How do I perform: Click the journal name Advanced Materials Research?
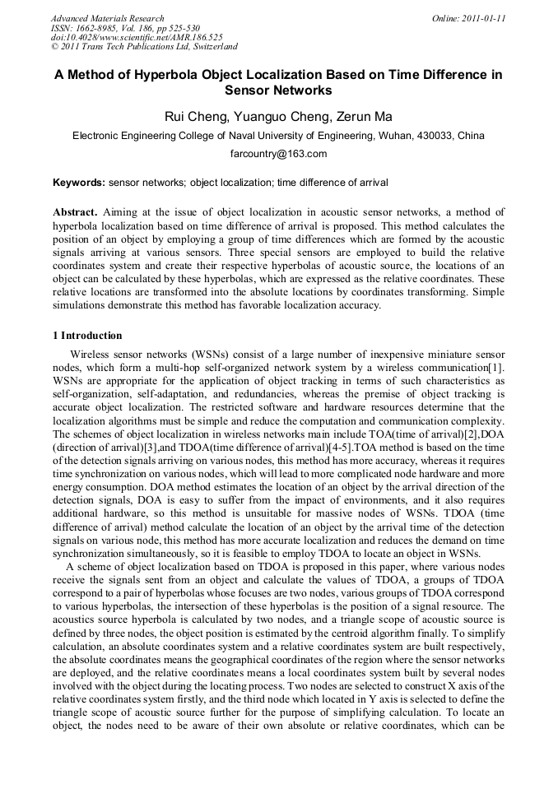tap(107, 18)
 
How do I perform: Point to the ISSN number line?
tap(124, 28)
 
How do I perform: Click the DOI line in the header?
tap(136, 38)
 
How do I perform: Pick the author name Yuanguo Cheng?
tap(274, 116)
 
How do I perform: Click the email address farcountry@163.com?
tap(278, 154)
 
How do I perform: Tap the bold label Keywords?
tap(79, 183)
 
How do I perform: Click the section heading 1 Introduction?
tap(87, 336)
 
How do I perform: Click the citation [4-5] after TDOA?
tap(337, 447)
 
